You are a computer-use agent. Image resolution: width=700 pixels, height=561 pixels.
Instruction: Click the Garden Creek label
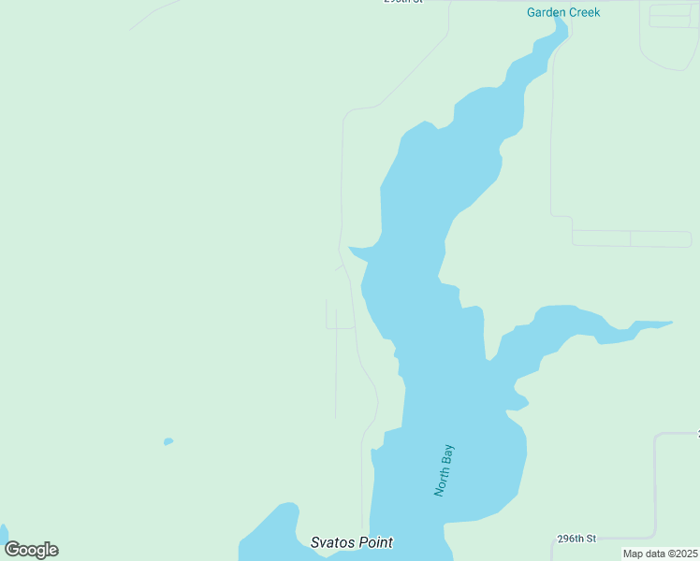pyautogui.click(x=562, y=12)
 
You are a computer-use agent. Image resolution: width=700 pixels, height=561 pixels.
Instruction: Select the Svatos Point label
pyautogui.click(x=351, y=542)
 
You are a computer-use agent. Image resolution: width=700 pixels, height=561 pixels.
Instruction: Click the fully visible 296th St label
pyautogui.click(x=576, y=539)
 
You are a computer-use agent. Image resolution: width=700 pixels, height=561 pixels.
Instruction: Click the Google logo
pyautogui.click(x=31, y=550)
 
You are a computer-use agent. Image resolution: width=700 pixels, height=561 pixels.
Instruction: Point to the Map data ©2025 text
pyautogui.click(x=660, y=554)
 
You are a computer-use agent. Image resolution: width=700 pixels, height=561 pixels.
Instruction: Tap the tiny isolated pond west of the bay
pyautogui.click(x=168, y=441)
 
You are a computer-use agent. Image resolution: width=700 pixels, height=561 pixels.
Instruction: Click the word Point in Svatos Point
pyautogui.click(x=374, y=542)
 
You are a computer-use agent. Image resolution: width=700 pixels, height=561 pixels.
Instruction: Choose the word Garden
pyautogui.click(x=545, y=12)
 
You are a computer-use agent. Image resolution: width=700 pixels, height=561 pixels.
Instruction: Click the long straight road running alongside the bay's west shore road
pyautogui.click(x=336, y=374)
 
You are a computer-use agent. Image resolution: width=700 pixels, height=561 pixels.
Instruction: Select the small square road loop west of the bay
pyautogui.click(x=340, y=318)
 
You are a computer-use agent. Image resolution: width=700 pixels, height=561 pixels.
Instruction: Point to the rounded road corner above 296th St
pyautogui.click(x=659, y=437)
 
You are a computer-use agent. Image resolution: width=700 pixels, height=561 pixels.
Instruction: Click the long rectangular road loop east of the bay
pyautogui.click(x=632, y=238)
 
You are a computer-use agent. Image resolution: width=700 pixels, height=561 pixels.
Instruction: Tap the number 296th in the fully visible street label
pyautogui.click(x=569, y=539)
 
